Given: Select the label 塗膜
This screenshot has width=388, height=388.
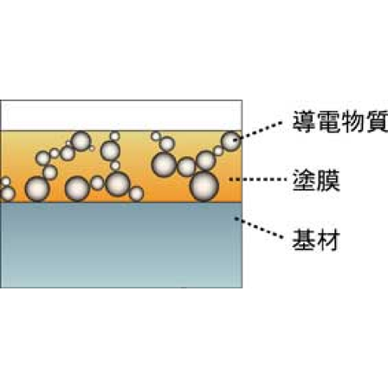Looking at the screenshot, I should pyautogui.click(x=309, y=181).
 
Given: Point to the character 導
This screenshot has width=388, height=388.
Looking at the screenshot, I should pyautogui.click(x=298, y=125).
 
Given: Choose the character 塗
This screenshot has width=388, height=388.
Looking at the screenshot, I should pyautogui.click(x=297, y=181).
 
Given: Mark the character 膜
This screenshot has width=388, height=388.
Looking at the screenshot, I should pyautogui.click(x=321, y=181).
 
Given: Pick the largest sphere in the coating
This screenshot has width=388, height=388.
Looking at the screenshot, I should pyautogui.click(x=204, y=184).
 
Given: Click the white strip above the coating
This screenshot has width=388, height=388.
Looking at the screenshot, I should pyautogui.click(x=121, y=114).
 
